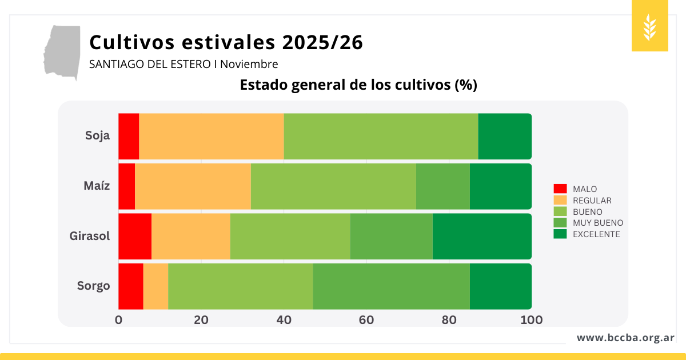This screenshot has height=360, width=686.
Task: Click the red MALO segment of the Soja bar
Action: point(129,136)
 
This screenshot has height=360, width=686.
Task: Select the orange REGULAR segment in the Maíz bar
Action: point(193,186)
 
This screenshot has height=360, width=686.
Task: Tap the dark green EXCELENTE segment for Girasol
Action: point(482,236)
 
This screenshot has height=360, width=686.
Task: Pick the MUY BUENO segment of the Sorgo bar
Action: point(391,286)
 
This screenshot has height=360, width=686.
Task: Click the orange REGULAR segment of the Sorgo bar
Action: point(155,286)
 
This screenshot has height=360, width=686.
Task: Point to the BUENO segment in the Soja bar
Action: point(381,136)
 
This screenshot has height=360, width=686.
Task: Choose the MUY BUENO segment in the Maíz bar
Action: point(443,186)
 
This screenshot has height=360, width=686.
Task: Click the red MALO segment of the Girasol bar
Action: point(135,236)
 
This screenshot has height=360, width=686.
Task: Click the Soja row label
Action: point(97,136)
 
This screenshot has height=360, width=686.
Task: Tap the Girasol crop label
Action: point(90,236)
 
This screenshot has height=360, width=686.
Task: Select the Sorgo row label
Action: point(94,286)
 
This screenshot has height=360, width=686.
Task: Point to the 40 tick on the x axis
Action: point(284,320)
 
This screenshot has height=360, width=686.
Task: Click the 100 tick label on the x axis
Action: point(532,320)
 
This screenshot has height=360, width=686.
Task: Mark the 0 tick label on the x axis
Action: point(118,320)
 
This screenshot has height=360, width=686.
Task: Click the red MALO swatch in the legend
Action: point(560,189)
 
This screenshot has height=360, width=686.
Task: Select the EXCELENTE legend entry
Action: point(596,234)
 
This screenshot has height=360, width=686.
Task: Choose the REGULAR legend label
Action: point(592,201)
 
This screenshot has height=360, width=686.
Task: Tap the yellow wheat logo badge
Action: point(650,26)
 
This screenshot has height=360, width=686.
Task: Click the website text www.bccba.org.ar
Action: point(625,338)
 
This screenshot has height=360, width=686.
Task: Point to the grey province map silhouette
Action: point(62,51)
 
